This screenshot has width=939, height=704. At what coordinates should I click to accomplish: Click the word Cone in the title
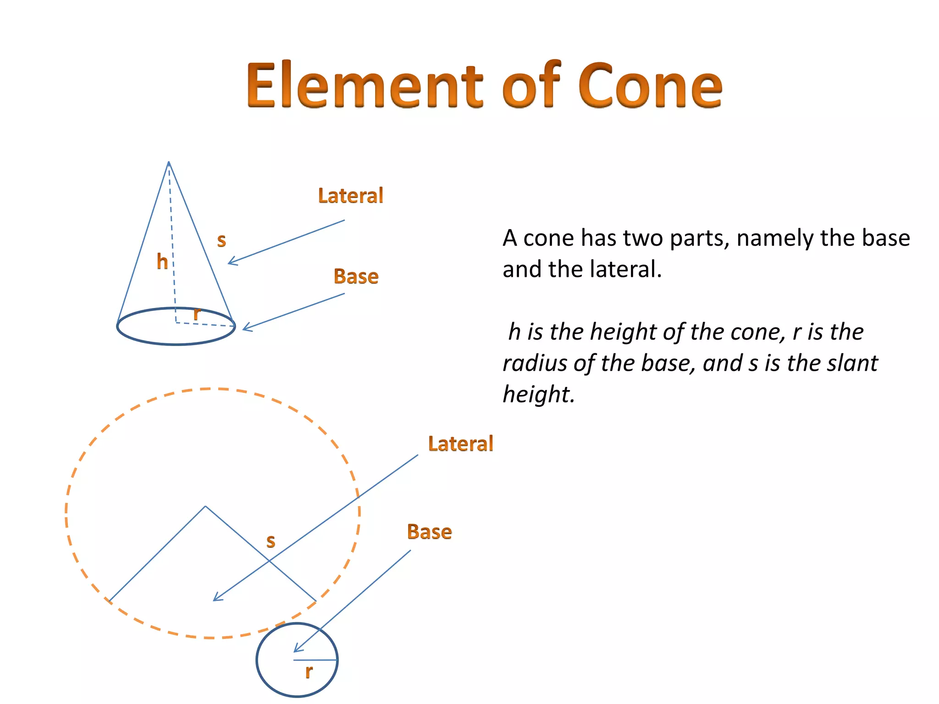(x=650, y=86)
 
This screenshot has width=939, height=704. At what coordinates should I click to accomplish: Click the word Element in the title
(x=364, y=86)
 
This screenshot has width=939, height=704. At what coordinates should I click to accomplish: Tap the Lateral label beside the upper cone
(x=351, y=196)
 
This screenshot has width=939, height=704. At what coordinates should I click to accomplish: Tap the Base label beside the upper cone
(x=356, y=276)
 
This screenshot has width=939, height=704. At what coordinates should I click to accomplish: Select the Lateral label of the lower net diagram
(x=460, y=444)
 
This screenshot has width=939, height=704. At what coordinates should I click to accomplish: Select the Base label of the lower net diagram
(x=430, y=532)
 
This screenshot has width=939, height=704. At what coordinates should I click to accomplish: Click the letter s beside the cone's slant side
(x=221, y=240)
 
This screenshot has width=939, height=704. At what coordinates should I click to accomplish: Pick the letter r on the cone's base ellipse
(x=197, y=313)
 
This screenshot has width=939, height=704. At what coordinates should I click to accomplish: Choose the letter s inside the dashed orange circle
(x=271, y=541)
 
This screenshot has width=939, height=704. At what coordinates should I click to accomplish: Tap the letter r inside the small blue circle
(x=309, y=671)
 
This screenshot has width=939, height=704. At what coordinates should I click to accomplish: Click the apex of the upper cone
(x=169, y=162)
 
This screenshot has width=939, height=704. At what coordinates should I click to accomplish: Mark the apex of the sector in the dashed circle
(x=205, y=506)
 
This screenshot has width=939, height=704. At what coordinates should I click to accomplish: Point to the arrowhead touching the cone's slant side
(x=230, y=263)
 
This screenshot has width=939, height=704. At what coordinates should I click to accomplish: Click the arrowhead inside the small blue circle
(x=296, y=650)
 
